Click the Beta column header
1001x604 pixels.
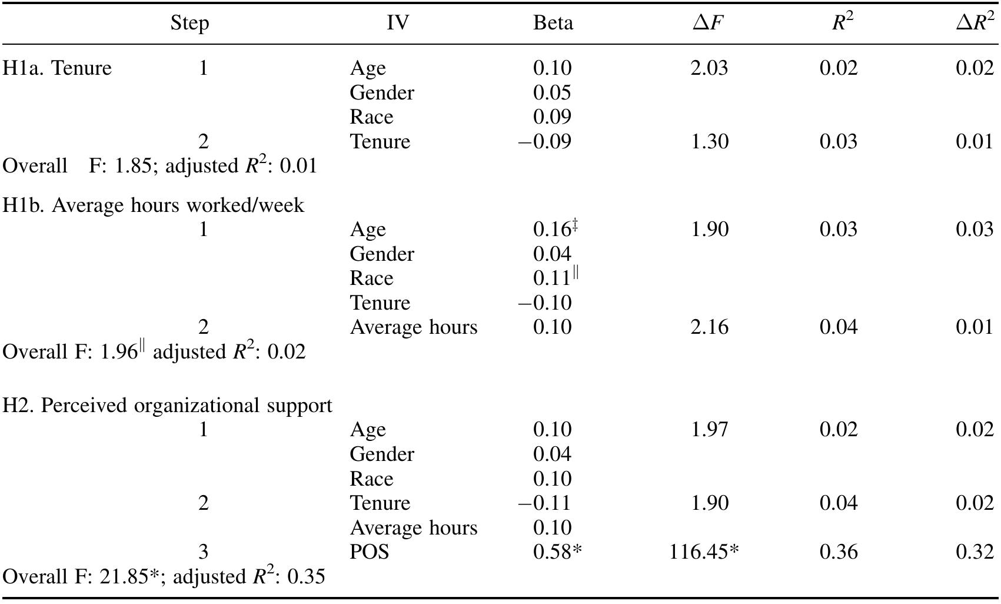coord(553,22)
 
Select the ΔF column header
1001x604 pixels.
coord(708,22)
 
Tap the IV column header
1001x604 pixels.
coord(398,22)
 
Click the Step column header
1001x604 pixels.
coord(189,23)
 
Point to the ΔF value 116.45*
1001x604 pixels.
coord(704,552)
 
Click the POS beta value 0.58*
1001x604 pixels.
coord(557,552)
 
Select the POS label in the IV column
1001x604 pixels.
coord(369,552)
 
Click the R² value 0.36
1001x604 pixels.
coord(839,552)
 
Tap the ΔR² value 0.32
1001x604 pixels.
coord(975,552)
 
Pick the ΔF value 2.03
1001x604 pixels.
coord(709,68)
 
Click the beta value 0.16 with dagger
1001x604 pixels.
coord(556,228)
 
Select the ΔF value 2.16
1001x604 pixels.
coord(709,327)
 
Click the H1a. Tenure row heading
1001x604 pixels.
coord(56,68)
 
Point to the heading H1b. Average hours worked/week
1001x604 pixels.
coord(153,205)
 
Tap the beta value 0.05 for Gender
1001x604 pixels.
coord(552,92)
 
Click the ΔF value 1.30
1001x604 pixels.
coord(709,141)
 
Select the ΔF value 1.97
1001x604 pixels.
coord(709,429)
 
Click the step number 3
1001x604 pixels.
coord(204,552)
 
